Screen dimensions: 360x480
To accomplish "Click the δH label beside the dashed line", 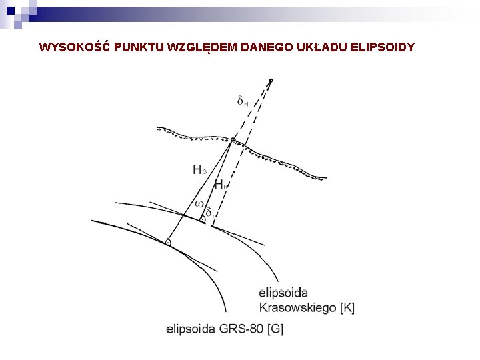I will (x=243, y=101).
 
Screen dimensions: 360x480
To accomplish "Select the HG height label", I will (x=199, y=170).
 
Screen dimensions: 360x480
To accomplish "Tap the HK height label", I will (x=221, y=185).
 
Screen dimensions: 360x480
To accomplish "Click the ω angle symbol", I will (x=199, y=203).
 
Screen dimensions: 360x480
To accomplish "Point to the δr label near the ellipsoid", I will (x=209, y=213).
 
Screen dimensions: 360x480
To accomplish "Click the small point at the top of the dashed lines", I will (x=271, y=81).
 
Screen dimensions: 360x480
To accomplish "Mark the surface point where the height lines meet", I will (x=233, y=140).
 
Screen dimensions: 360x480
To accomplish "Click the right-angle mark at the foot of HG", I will (x=168, y=242).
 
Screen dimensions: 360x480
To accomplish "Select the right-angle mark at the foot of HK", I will (x=202, y=219).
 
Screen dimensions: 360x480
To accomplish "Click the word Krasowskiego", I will (x=297, y=307).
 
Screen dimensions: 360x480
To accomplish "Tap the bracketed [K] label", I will (x=347, y=307).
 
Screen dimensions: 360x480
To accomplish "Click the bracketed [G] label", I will (x=275, y=329).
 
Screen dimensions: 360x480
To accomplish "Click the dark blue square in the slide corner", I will (x=10, y=10).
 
